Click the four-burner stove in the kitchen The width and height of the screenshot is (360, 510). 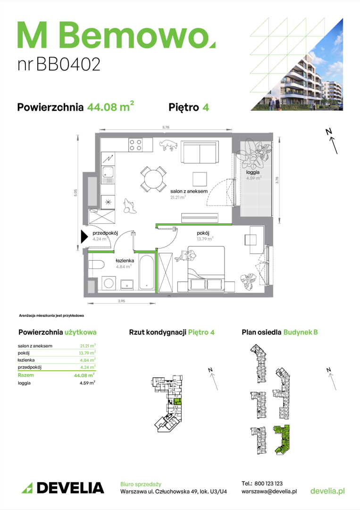(135, 145)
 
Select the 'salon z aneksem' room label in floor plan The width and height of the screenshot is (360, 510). (189, 191)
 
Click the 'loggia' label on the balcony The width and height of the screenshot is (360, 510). (253, 172)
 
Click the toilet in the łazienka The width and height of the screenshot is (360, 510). (96, 264)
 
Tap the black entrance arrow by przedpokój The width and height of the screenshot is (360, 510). (84, 237)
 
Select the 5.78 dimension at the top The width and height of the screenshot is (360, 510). (166, 127)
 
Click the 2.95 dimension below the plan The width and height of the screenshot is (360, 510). (122, 301)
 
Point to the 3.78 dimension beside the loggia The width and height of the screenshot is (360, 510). (277, 180)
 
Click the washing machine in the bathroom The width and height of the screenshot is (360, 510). (109, 283)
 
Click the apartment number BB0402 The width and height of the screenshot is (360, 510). (68, 64)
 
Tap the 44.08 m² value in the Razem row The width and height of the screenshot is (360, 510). (84, 375)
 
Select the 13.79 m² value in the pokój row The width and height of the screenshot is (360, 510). (87, 353)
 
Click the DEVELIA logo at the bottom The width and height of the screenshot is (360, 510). (63, 488)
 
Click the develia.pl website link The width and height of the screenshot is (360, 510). (327, 491)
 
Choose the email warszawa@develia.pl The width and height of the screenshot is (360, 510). (269, 492)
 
